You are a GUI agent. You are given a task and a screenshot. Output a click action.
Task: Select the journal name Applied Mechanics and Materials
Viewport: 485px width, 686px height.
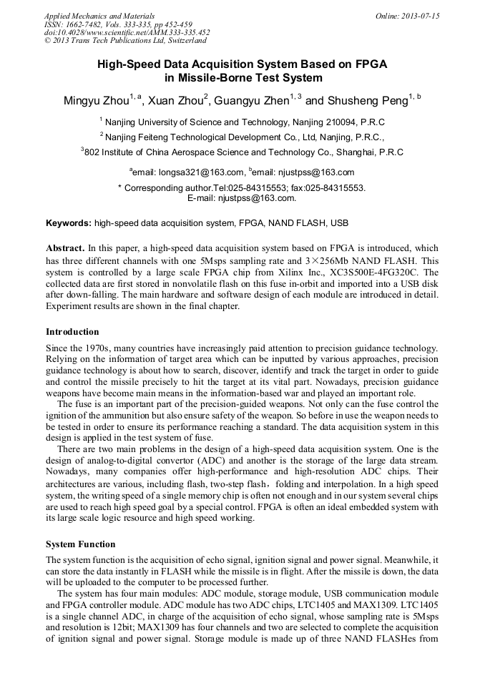coord(89,16)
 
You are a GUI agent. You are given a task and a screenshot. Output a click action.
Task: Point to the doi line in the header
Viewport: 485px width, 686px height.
coord(127,32)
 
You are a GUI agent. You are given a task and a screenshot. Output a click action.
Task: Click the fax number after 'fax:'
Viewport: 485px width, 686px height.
coord(336,188)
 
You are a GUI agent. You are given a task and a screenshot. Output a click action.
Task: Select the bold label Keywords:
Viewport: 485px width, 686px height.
coord(69,223)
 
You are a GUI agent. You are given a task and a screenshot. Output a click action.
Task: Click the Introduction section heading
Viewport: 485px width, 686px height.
coord(72,332)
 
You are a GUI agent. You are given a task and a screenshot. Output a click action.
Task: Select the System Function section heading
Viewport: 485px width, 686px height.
coord(80,544)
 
